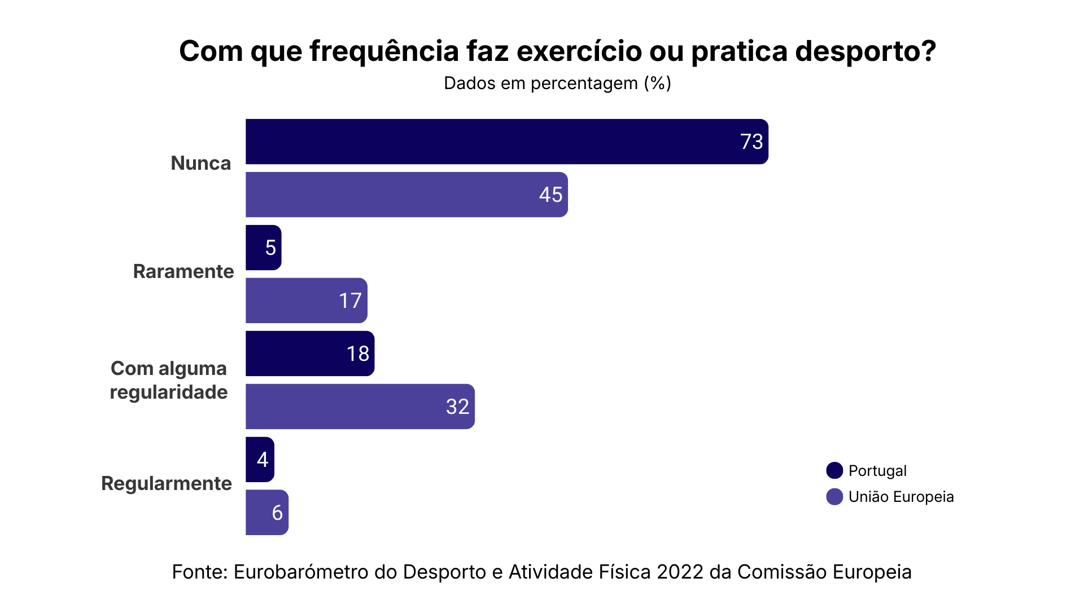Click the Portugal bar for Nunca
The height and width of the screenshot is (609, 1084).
tap(506, 142)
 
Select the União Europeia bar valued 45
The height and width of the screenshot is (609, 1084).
tap(406, 195)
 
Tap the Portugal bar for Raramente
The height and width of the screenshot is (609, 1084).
tap(263, 248)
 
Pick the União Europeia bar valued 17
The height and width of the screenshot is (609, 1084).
tap(306, 301)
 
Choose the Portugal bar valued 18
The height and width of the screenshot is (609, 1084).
tap(309, 354)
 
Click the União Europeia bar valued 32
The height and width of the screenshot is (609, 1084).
tap(360, 407)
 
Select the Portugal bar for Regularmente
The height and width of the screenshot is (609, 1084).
tap(260, 460)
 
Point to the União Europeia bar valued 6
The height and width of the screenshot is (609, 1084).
tap(266, 513)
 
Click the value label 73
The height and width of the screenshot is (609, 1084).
tap(751, 142)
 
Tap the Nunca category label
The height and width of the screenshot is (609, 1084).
tap(201, 163)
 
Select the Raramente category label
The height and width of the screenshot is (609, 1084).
tap(183, 271)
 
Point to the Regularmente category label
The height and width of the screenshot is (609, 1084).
tap(167, 483)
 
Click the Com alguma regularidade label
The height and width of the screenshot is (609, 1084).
tap(169, 380)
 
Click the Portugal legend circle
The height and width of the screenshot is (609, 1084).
tap(834, 470)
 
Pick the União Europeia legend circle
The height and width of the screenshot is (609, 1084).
tap(834, 497)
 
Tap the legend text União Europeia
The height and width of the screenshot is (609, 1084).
tap(901, 497)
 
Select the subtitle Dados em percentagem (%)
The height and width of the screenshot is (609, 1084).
tap(557, 83)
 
